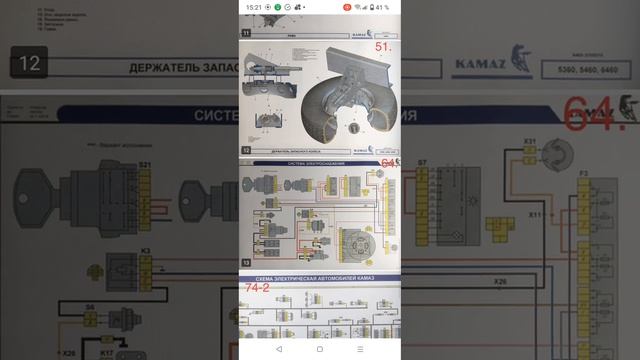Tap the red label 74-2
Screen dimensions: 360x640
256,288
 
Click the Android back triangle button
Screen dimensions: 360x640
278,349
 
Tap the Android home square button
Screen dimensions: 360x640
320,349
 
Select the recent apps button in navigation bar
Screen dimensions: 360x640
361,349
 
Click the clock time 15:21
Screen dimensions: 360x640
253,7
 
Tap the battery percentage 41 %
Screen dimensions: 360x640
382,7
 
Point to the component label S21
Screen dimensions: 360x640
145,163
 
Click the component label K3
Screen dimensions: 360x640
145,251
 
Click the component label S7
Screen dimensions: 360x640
422,162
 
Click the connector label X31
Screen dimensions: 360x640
531,141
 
